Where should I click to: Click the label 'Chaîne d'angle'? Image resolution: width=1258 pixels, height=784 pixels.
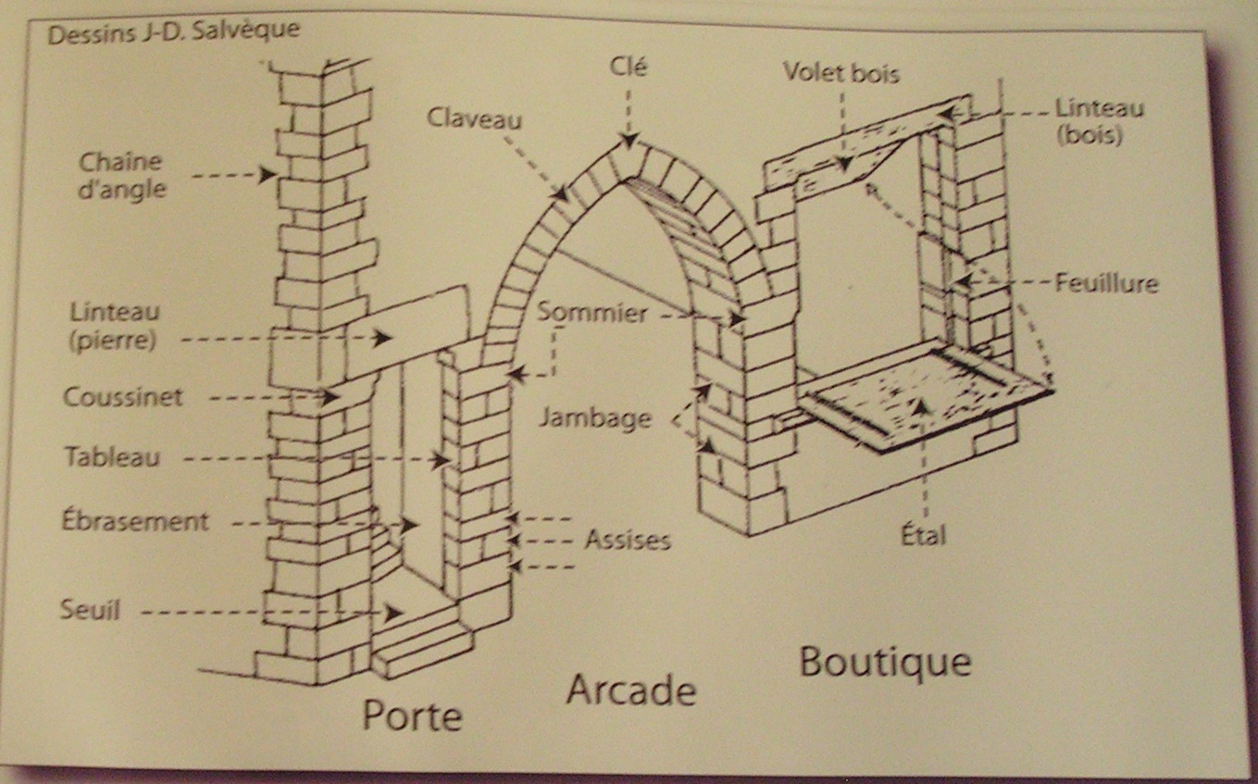point(121,175)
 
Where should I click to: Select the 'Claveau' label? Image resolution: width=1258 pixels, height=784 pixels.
point(474,118)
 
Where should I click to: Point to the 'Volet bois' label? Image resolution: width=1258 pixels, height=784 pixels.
point(841,72)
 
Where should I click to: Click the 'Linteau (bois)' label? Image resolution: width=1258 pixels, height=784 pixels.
point(1100,121)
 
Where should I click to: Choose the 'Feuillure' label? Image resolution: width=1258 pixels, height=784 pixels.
point(1107,282)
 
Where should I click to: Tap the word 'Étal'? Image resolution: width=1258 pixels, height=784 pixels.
point(923,534)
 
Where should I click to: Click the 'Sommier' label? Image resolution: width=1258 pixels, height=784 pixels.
point(592,312)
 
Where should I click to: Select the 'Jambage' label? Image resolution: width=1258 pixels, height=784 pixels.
point(595,418)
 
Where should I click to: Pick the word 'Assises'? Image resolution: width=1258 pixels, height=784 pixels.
point(627,540)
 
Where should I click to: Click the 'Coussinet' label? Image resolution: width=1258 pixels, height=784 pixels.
point(123,397)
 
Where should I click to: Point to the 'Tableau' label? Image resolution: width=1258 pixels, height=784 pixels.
point(112,456)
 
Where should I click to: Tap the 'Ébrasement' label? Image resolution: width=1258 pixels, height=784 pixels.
point(135,520)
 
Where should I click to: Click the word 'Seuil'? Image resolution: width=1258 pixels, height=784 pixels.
point(90,610)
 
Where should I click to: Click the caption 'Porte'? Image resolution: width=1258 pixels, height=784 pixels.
point(411,715)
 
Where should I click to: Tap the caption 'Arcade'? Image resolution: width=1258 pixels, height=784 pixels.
point(630,690)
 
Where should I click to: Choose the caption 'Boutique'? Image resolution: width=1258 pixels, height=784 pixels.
point(885,662)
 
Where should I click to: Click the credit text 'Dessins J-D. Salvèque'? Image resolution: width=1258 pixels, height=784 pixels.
point(173,34)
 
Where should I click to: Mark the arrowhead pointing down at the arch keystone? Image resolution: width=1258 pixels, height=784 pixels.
point(629,142)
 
